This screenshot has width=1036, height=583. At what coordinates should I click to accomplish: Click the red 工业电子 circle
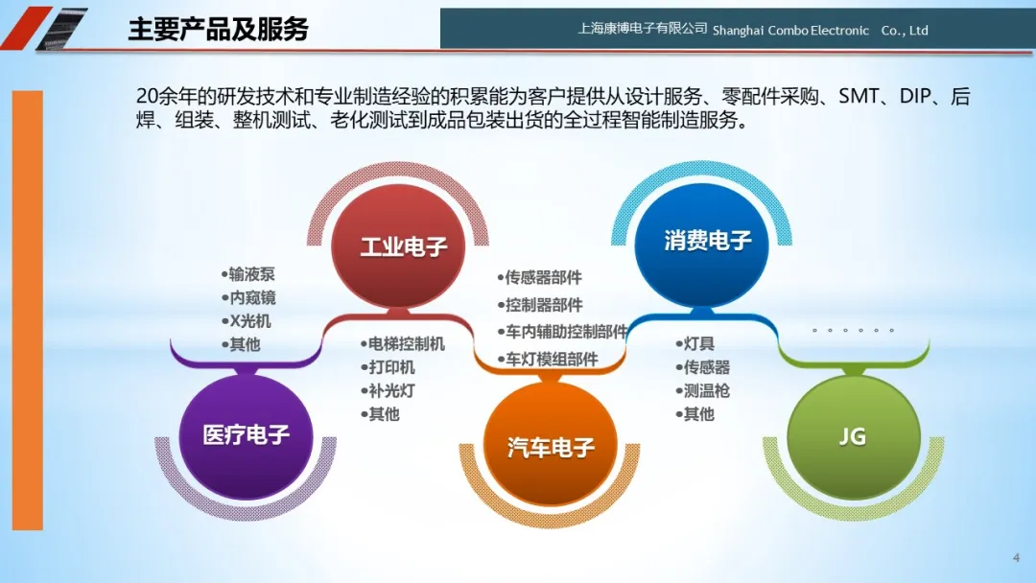[x=398, y=245]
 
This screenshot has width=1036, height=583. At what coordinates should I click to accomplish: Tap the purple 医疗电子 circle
[x=246, y=435]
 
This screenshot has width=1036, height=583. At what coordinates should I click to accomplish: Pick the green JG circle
[x=854, y=436]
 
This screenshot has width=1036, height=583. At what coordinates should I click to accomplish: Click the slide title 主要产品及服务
[x=218, y=29]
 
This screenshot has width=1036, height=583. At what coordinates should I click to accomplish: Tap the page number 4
[x=1016, y=558]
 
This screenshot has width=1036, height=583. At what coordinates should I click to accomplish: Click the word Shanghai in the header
[x=738, y=31]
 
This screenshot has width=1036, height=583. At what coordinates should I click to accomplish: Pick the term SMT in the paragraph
[x=859, y=97]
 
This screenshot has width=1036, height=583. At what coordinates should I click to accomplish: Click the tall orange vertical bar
[x=28, y=311]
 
